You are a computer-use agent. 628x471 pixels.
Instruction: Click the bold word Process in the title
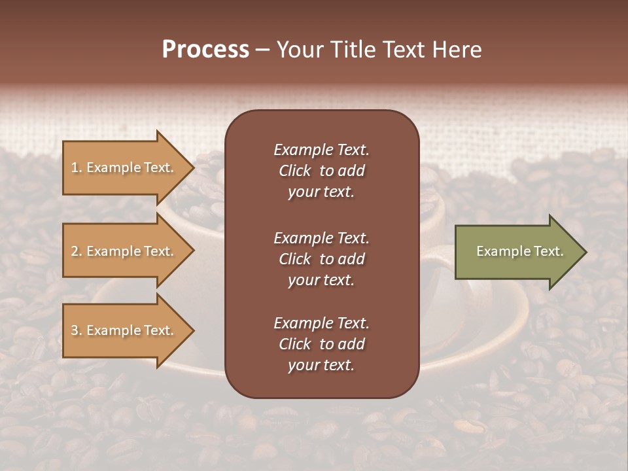tap(205, 50)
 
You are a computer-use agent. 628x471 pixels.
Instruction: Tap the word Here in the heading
tap(457, 50)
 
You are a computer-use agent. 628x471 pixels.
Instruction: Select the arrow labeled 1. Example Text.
tap(124, 167)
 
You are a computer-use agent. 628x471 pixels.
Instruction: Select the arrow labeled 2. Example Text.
tap(124, 251)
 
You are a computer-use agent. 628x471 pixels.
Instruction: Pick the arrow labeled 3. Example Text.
tap(124, 330)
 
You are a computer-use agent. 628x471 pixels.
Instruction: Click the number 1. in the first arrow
tap(77, 167)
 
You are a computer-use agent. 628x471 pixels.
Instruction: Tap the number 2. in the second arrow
tap(77, 251)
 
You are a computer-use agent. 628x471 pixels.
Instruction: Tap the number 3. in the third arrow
tap(77, 330)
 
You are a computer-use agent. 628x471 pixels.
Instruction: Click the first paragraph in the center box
tap(321, 171)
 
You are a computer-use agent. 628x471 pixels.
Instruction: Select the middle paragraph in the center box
tap(321, 258)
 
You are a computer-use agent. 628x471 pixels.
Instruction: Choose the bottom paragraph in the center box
tap(321, 344)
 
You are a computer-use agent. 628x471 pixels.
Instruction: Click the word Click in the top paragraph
tap(295, 171)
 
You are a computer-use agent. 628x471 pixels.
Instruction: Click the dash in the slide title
tap(262, 50)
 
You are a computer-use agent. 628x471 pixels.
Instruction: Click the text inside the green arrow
tap(519, 251)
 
